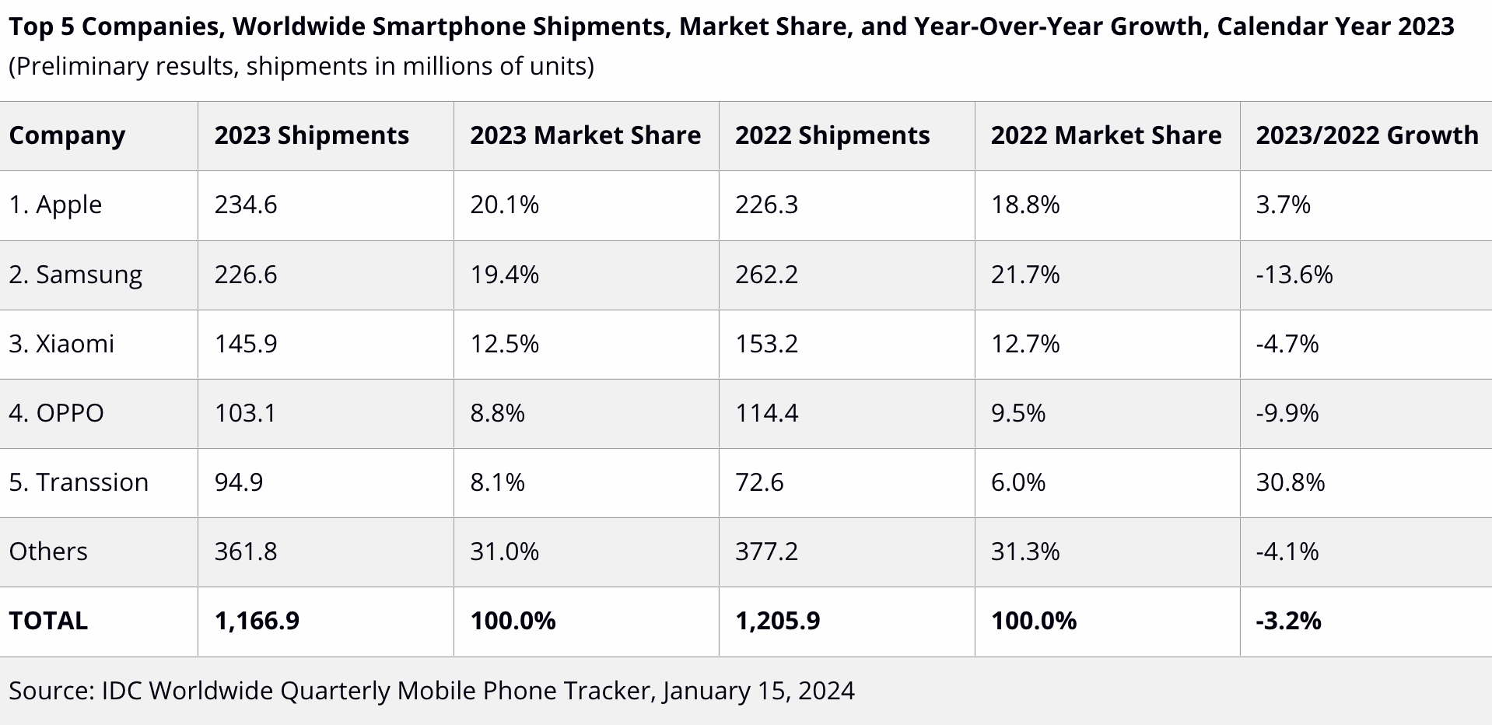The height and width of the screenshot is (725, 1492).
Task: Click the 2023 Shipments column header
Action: pyautogui.click(x=311, y=135)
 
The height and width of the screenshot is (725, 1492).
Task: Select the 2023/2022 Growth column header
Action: pyautogui.click(x=1367, y=135)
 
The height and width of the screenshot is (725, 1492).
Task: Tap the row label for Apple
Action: pyautogui.click(x=55, y=205)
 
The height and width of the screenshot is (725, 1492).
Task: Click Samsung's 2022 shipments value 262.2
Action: pyautogui.click(x=766, y=275)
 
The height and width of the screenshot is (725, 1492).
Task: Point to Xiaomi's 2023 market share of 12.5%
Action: pyautogui.click(x=504, y=344)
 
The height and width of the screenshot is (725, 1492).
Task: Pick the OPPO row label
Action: pyautogui.click(x=56, y=413)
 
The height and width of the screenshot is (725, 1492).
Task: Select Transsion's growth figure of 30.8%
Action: pyautogui.click(x=1290, y=482)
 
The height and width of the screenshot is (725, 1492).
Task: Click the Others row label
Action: pyautogui.click(x=48, y=552)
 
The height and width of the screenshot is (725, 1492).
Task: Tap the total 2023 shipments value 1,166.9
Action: pyautogui.click(x=257, y=621)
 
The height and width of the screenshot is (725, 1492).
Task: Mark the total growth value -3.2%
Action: pyautogui.click(x=1288, y=621)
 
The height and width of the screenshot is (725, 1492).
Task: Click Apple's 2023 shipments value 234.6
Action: pyautogui.click(x=246, y=205)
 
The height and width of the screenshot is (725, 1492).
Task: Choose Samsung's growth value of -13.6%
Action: pyautogui.click(x=1294, y=275)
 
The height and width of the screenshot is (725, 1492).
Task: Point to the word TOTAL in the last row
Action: pyautogui.click(x=48, y=621)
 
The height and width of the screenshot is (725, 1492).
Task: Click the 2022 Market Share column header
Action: pyautogui.click(x=1105, y=135)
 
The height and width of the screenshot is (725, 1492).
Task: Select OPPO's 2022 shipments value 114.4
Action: pyautogui.click(x=766, y=413)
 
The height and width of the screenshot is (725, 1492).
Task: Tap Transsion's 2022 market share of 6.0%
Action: pyautogui.click(x=1017, y=482)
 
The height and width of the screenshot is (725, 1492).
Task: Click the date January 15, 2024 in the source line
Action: pyautogui.click(x=758, y=691)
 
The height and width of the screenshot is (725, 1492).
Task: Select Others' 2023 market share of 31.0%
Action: pyautogui.click(x=504, y=552)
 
